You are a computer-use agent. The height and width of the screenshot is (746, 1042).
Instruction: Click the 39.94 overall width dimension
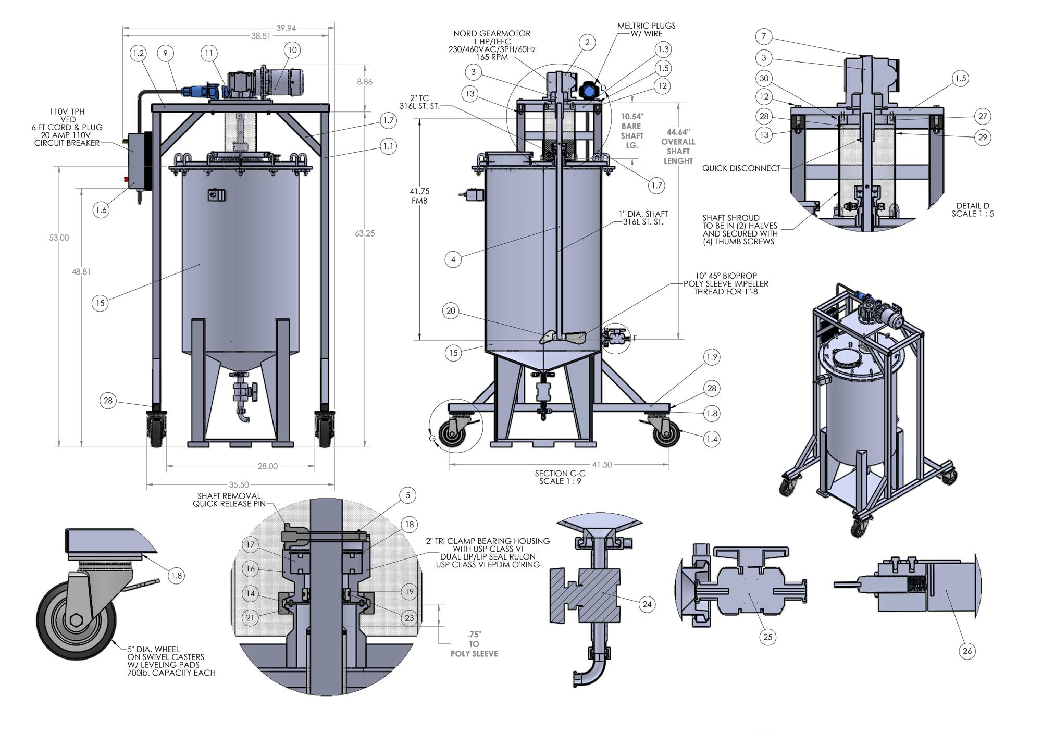point(286,28)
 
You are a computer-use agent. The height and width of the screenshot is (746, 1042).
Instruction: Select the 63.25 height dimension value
point(365,233)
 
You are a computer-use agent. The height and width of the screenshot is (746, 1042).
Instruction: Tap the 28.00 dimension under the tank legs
point(267,466)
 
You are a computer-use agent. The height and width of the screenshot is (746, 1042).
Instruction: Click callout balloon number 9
point(165,53)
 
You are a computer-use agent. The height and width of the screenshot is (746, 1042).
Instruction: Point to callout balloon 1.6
point(101,210)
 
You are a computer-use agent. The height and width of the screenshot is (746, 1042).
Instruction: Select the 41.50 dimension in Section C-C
point(602,465)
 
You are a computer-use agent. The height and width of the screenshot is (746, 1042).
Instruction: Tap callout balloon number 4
point(453,259)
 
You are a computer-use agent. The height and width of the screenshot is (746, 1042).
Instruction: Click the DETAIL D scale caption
point(972,209)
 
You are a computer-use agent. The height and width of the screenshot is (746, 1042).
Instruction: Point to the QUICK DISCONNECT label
point(741,168)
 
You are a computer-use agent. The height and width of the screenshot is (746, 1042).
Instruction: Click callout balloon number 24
point(647,604)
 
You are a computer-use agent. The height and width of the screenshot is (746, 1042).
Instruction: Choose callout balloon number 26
point(967,651)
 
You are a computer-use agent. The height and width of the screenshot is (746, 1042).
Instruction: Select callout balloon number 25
point(767,637)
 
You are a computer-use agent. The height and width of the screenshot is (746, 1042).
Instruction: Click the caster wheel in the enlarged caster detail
point(76,620)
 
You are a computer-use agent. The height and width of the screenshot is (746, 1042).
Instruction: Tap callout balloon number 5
point(408,495)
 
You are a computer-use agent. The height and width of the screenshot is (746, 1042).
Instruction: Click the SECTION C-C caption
point(560,477)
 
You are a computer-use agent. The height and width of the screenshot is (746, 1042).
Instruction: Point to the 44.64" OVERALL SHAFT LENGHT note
point(678,146)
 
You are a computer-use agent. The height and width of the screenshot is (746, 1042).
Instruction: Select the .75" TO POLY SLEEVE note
point(474,644)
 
